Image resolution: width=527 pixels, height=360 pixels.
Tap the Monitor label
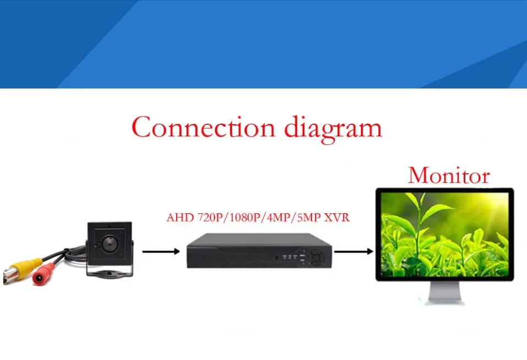(x=448, y=175)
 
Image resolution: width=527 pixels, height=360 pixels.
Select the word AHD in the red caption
(x=179, y=218)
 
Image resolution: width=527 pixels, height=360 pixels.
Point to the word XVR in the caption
(x=337, y=218)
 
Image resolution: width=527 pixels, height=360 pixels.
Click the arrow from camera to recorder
(x=161, y=252)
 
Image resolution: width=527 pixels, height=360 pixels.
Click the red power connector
(x=45, y=273)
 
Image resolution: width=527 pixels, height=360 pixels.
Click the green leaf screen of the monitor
(x=444, y=234)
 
